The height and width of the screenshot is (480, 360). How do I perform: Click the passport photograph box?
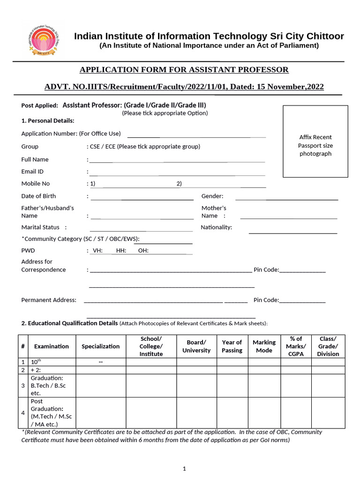click(315, 142)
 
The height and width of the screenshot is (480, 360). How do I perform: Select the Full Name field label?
click(35, 159)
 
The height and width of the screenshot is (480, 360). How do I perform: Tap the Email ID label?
click(32, 172)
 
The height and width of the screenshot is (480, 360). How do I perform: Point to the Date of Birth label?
click(38, 196)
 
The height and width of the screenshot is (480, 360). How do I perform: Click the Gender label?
click(212, 196)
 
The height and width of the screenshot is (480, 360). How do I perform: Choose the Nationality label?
click(216, 227)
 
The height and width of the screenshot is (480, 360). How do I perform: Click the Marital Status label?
click(40, 227)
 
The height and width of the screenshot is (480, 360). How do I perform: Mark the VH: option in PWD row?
click(97, 251)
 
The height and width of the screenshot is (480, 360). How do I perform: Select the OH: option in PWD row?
click(143, 251)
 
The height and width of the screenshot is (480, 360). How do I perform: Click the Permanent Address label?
click(49, 300)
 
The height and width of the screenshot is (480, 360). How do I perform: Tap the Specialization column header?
click(101, 346)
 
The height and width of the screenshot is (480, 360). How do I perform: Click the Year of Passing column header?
click(232, 346)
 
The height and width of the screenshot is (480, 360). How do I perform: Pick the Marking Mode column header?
click(264, 346)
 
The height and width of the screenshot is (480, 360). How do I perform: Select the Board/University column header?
click(196, 346)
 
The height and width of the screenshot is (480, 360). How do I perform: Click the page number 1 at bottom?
click(185, 468)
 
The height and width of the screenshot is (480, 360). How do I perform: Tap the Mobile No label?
click(36, 184)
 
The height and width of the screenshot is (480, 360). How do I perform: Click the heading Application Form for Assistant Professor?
click(184, 70)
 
